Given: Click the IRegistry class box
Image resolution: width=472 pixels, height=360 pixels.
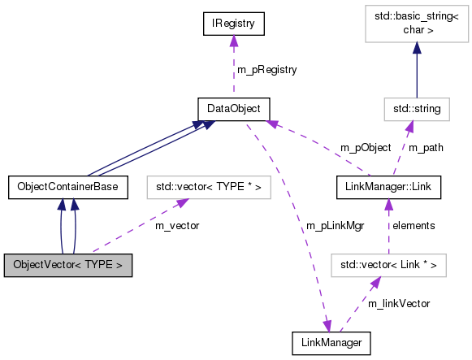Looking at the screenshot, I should pos(234,24).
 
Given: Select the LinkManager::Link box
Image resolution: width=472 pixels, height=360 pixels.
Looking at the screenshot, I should pos(388,188).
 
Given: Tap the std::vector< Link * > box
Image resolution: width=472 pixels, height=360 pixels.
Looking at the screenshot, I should pos(388,265).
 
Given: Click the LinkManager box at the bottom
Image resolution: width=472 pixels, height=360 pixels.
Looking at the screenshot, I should pos(331,342).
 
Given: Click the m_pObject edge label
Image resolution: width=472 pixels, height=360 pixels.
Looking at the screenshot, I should pos(366,148).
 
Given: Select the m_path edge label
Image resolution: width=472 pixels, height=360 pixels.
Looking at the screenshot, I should pos(427,148).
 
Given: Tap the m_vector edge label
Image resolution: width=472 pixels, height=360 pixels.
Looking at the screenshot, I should pos(177,225).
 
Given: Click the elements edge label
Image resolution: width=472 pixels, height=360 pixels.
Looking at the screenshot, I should pos(415,225).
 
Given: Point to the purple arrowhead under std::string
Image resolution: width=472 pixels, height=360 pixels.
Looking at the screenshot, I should pos(410,124).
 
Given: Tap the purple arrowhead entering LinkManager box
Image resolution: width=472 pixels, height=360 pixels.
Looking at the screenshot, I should pos(328,326).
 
